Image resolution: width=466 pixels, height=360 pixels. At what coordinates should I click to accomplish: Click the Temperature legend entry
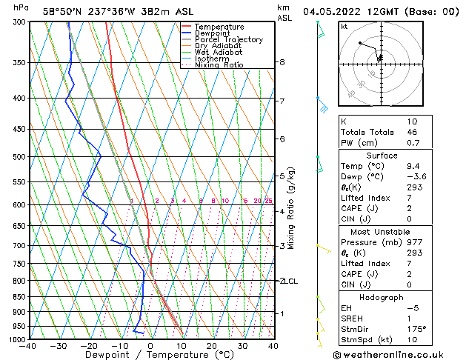(219, 27)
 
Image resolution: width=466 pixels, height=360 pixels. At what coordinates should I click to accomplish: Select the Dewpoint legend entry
(213, 33)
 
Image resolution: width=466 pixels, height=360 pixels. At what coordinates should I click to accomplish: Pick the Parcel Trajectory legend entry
(229, 40)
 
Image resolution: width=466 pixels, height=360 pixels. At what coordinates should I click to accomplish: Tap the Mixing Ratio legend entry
(219, 65)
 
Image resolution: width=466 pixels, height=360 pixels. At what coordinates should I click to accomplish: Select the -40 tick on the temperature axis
(29, 345)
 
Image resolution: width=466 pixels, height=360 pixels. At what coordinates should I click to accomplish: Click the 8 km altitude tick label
(282, 62)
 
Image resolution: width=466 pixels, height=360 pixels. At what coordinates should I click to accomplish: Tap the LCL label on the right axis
(290, 281)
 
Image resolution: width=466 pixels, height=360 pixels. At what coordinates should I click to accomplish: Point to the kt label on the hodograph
(344, 26)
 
